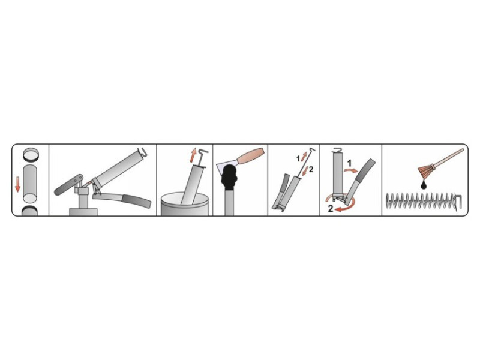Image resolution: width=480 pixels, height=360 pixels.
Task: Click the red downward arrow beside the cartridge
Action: [18, 185]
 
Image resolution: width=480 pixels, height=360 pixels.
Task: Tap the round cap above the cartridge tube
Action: [31, 154]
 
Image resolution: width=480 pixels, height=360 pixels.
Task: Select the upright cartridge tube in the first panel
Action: [30, 184]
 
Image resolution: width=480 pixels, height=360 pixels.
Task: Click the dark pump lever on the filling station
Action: [68, 185]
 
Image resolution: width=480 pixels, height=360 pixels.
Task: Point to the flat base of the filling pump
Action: [83, 212]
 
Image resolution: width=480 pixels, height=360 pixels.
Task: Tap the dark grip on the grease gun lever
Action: [136, 201]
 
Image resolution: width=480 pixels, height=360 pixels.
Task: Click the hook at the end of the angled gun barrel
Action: [142, 152]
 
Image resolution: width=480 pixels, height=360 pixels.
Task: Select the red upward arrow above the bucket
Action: [193, 155]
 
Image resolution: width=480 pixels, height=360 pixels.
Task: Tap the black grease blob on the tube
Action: [229, 177]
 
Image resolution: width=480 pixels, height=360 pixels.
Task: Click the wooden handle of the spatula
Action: [251, 156]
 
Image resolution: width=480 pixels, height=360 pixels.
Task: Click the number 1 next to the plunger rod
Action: [298, 158]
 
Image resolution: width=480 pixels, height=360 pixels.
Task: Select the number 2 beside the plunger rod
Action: [311, 169]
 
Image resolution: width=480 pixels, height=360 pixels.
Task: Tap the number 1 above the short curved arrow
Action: [349, 163]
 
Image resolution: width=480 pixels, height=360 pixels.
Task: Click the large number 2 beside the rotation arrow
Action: [331, 209]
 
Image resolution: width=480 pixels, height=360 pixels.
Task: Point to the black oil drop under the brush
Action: [424, 185]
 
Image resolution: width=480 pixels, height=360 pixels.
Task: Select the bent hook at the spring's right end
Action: [458, 202]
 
